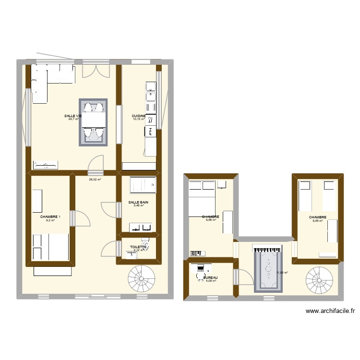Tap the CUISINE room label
click(139, 116)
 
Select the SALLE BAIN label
click(138, 203)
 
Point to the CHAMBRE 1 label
click(50, 217)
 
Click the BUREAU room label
click(211, 278)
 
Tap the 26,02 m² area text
click(95, 180)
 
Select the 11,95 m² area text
click(282, 272)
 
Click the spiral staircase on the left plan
click(141, 278)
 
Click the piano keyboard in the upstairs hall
click(265, 250)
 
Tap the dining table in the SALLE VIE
click(93, 122)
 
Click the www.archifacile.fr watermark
click(330, 311)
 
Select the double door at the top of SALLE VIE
click(93, 70)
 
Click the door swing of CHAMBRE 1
click(82, 218)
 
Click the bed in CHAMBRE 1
click(50, 247)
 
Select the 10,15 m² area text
click(139, 120)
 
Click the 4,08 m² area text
click(211, 281)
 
